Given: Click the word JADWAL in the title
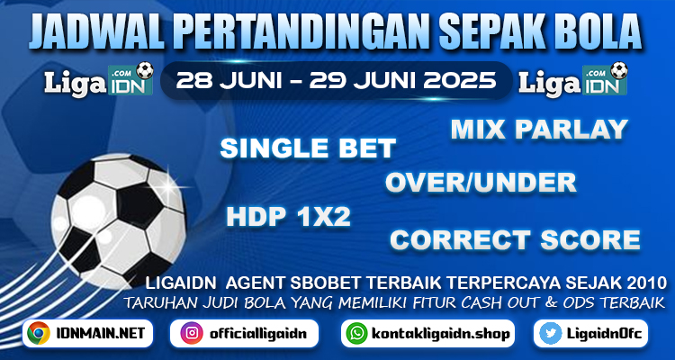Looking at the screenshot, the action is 96,32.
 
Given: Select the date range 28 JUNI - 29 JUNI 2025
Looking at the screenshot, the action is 336,80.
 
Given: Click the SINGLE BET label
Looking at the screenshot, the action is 308,148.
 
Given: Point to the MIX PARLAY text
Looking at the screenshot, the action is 539,130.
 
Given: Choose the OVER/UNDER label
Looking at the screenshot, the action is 481,183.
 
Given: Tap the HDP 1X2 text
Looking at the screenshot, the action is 288,217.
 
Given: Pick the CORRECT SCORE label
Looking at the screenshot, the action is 515,240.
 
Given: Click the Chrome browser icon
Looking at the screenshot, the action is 39,333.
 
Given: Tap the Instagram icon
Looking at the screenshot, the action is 192,333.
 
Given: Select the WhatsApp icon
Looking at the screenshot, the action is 357,333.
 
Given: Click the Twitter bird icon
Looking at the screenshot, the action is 551,333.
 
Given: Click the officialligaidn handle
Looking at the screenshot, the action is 258,334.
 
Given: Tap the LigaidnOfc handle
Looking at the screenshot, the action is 605,334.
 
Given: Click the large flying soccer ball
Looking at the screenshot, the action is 119,220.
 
